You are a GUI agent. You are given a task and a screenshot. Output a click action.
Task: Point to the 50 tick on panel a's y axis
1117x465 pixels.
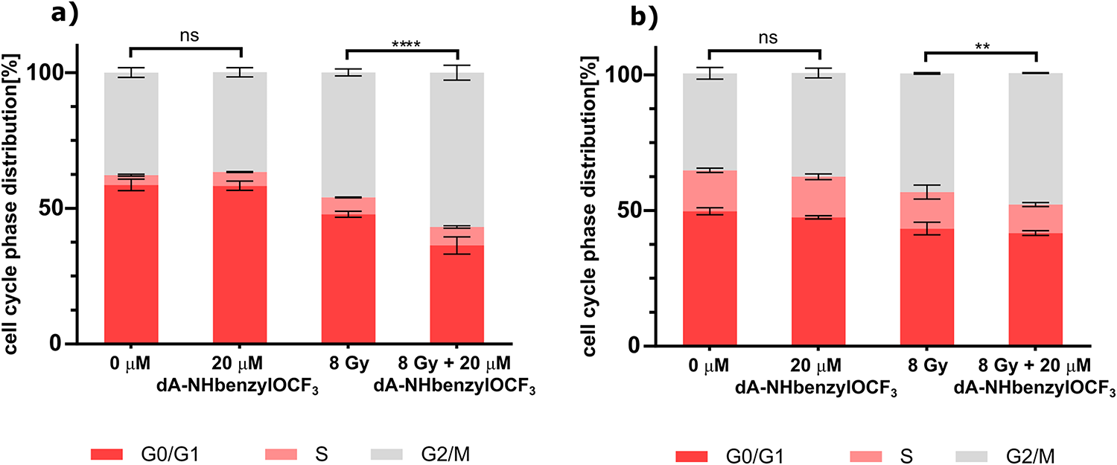pos(63,208)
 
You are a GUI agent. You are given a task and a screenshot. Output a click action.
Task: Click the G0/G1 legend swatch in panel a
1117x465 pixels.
pos(112,453)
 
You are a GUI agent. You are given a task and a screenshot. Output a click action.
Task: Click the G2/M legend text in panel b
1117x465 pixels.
pos(1036,455)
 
